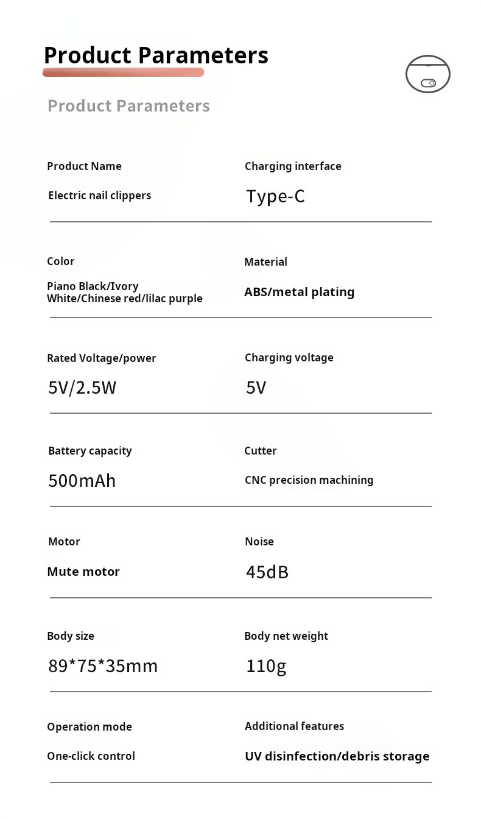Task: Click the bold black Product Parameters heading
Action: click(156, 55)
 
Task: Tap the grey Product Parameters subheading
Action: click(128, 106)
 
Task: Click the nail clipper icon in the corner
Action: click(427, 74)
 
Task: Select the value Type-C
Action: click(275, 196)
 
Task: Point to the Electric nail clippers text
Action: click(99, 196)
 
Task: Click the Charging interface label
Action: click(293, 166)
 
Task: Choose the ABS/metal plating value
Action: click(299, 292)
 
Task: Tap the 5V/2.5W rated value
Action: click(82, 388)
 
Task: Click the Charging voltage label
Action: click(289, 358)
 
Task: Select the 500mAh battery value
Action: click(82, 481)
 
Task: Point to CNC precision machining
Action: click(309, 480)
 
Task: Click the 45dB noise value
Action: click(267, 572)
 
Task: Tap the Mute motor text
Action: click(83, 572)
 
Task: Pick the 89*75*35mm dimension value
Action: click(103, 666)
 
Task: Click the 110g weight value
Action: click(266, 666)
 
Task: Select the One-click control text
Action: click(91, 756)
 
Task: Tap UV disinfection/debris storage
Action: click(337, 756)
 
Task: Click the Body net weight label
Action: click(286, 636)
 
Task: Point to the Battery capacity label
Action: click(90, 451)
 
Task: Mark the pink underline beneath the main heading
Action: click(123, 73)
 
